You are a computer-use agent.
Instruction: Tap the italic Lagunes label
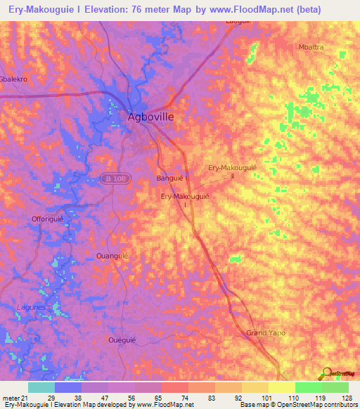pyautogui.click(x=30, y=308)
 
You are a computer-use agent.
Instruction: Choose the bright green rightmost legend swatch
pyautogui.click(x=335, y=387)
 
